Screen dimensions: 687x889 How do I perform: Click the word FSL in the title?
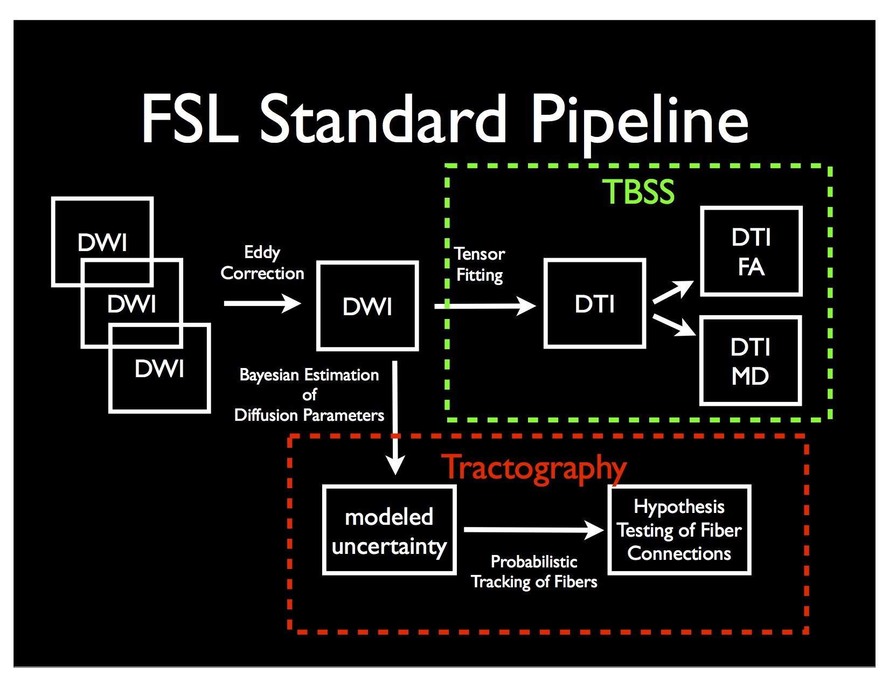190,120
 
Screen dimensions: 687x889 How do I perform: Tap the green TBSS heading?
638,192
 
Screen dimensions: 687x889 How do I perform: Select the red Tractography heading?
533,468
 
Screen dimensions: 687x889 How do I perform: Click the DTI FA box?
751,252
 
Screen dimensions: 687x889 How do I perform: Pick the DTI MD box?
750,361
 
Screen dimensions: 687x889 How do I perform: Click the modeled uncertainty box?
389,531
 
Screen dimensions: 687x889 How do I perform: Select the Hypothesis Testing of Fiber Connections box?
679,530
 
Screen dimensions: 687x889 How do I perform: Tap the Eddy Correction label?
262,263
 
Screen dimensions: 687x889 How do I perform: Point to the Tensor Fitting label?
480,264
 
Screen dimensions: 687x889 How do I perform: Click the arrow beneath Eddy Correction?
262,303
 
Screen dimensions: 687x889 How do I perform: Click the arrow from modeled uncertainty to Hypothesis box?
533,530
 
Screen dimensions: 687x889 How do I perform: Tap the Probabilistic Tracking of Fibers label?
534,572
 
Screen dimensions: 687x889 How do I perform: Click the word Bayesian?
269,375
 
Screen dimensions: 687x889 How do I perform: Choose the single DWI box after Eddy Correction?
367,306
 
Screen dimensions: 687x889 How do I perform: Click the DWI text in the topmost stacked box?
102,242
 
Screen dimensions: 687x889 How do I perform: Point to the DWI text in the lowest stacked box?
159,369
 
